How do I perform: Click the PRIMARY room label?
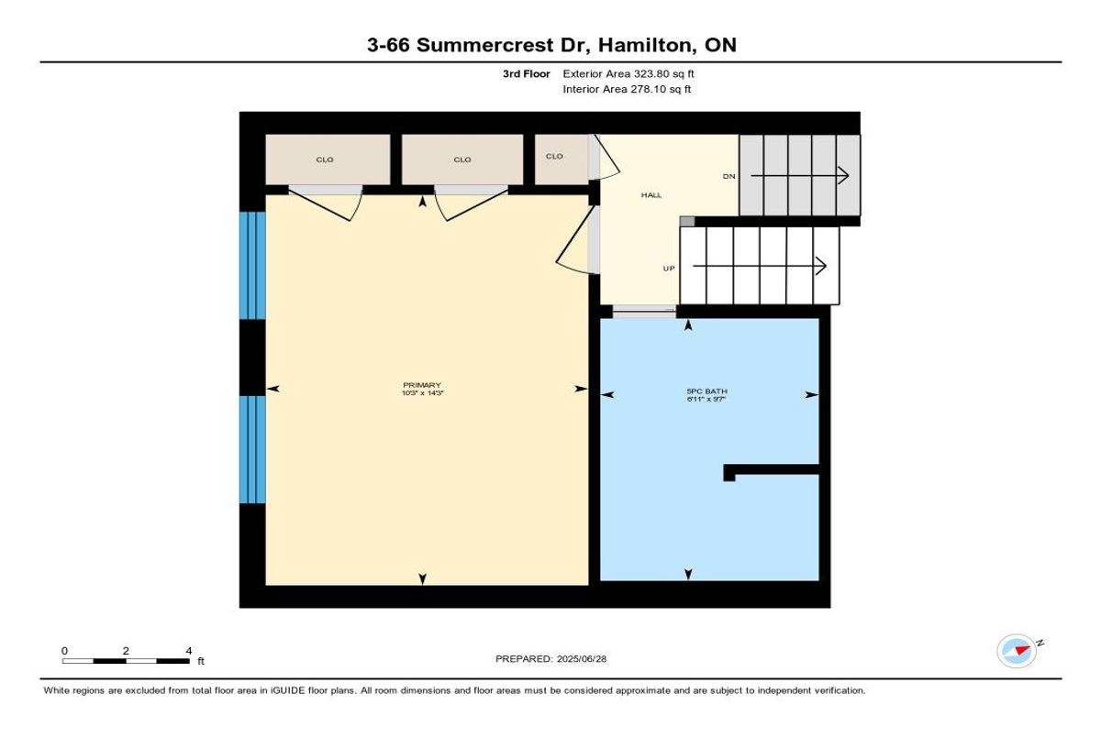pos(422,385)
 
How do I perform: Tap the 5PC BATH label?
pos(706,391)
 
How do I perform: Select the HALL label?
pos(651,195)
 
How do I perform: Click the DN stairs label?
pos(728,176)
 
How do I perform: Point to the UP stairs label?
pos(669,269)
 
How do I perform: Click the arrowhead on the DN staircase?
pos(843,175)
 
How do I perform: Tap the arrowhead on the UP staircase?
pos(821,266)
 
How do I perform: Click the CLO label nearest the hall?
pos(554,156)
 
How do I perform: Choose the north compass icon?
pos(1017,651)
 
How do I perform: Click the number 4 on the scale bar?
pos(189,651)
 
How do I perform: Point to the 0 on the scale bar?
pos(64,651)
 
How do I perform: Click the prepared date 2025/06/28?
pos(582,659)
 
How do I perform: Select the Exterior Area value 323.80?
pos(650,73)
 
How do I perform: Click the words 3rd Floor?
pos(526,73)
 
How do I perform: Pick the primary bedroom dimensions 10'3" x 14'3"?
pos(423,392)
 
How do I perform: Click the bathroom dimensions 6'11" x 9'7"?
pos(706,399)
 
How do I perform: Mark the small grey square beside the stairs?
pos(687,222)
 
